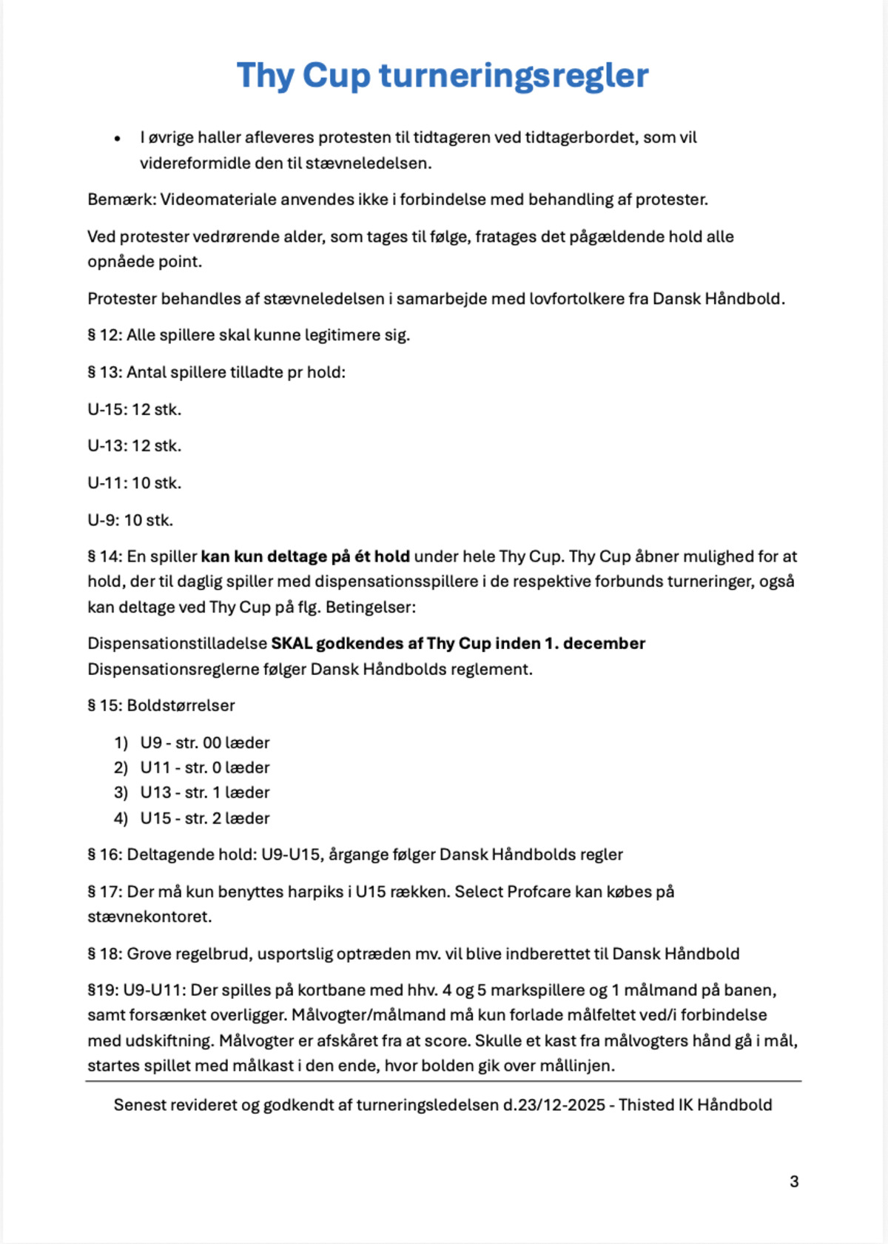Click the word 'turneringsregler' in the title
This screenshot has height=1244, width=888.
pos(514,76)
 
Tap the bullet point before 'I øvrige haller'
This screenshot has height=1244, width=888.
pos(117,138)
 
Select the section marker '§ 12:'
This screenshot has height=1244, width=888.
pos(104,335)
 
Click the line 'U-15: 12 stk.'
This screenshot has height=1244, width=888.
pos(134,409)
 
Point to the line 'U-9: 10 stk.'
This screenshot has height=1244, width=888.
pos(130,520)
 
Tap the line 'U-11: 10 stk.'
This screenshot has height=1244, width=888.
pos(134,483)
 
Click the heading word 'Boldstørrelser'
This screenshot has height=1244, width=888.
pos(181,706)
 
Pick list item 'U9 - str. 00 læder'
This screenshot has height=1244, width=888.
pos(205,743)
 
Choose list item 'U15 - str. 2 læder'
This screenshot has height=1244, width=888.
pos(205,818)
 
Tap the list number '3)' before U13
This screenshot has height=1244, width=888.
pos(121,793)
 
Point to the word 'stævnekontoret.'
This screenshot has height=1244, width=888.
pos(149,917)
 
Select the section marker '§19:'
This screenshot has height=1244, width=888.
pos(102,990)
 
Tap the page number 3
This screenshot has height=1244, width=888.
pos(794,1182)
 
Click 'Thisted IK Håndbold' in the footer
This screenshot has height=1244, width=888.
pos(695,1105)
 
